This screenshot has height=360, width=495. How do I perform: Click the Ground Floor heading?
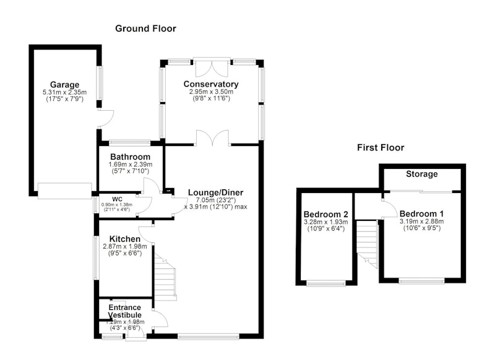click(145, 28)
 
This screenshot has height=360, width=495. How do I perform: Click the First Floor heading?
click(381, 148)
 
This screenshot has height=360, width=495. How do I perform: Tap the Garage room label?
click(65, 85)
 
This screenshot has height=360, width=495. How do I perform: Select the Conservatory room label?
click(211, 84)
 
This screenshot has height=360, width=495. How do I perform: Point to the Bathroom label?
click(131, 157)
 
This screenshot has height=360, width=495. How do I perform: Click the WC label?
click(117, 199)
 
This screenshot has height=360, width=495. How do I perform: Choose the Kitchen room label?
click(125, 239)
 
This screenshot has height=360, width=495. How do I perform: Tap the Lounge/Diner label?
click(215, 192)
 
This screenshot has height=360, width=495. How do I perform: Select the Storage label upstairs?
click(422, 174)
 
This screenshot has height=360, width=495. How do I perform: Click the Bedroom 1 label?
click(421, 213)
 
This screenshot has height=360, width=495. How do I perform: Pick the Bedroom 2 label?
click(326, 215)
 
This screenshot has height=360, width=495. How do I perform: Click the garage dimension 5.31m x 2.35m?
click(65, 92)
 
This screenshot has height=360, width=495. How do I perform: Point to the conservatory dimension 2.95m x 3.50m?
click(211, 92)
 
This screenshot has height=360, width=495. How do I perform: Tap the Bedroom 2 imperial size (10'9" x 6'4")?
click(326, 228)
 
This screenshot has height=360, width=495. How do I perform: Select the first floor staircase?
click(367, 244)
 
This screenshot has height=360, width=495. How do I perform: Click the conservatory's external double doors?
click(212, 67)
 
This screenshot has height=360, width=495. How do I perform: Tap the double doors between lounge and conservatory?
click(212, 137)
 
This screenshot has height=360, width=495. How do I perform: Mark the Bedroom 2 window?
click(326, 284)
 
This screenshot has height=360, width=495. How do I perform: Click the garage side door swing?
click(105, 119)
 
